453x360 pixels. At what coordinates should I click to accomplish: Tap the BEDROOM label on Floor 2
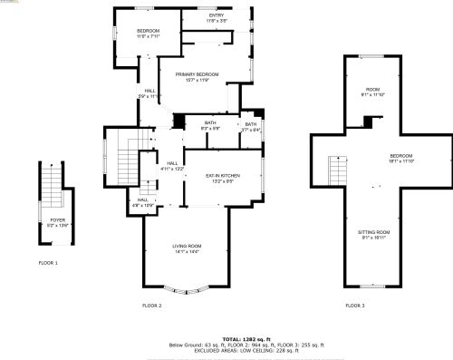click(148, 32)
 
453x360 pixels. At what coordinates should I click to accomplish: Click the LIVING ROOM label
click(187, 247)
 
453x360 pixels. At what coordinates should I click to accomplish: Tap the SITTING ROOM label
click(373, 233)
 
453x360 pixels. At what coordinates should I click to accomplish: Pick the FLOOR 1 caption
click(48, 263)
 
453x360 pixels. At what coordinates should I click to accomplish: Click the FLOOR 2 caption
click(151, 306)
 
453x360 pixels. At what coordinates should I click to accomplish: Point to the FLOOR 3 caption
click(355, 306)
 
